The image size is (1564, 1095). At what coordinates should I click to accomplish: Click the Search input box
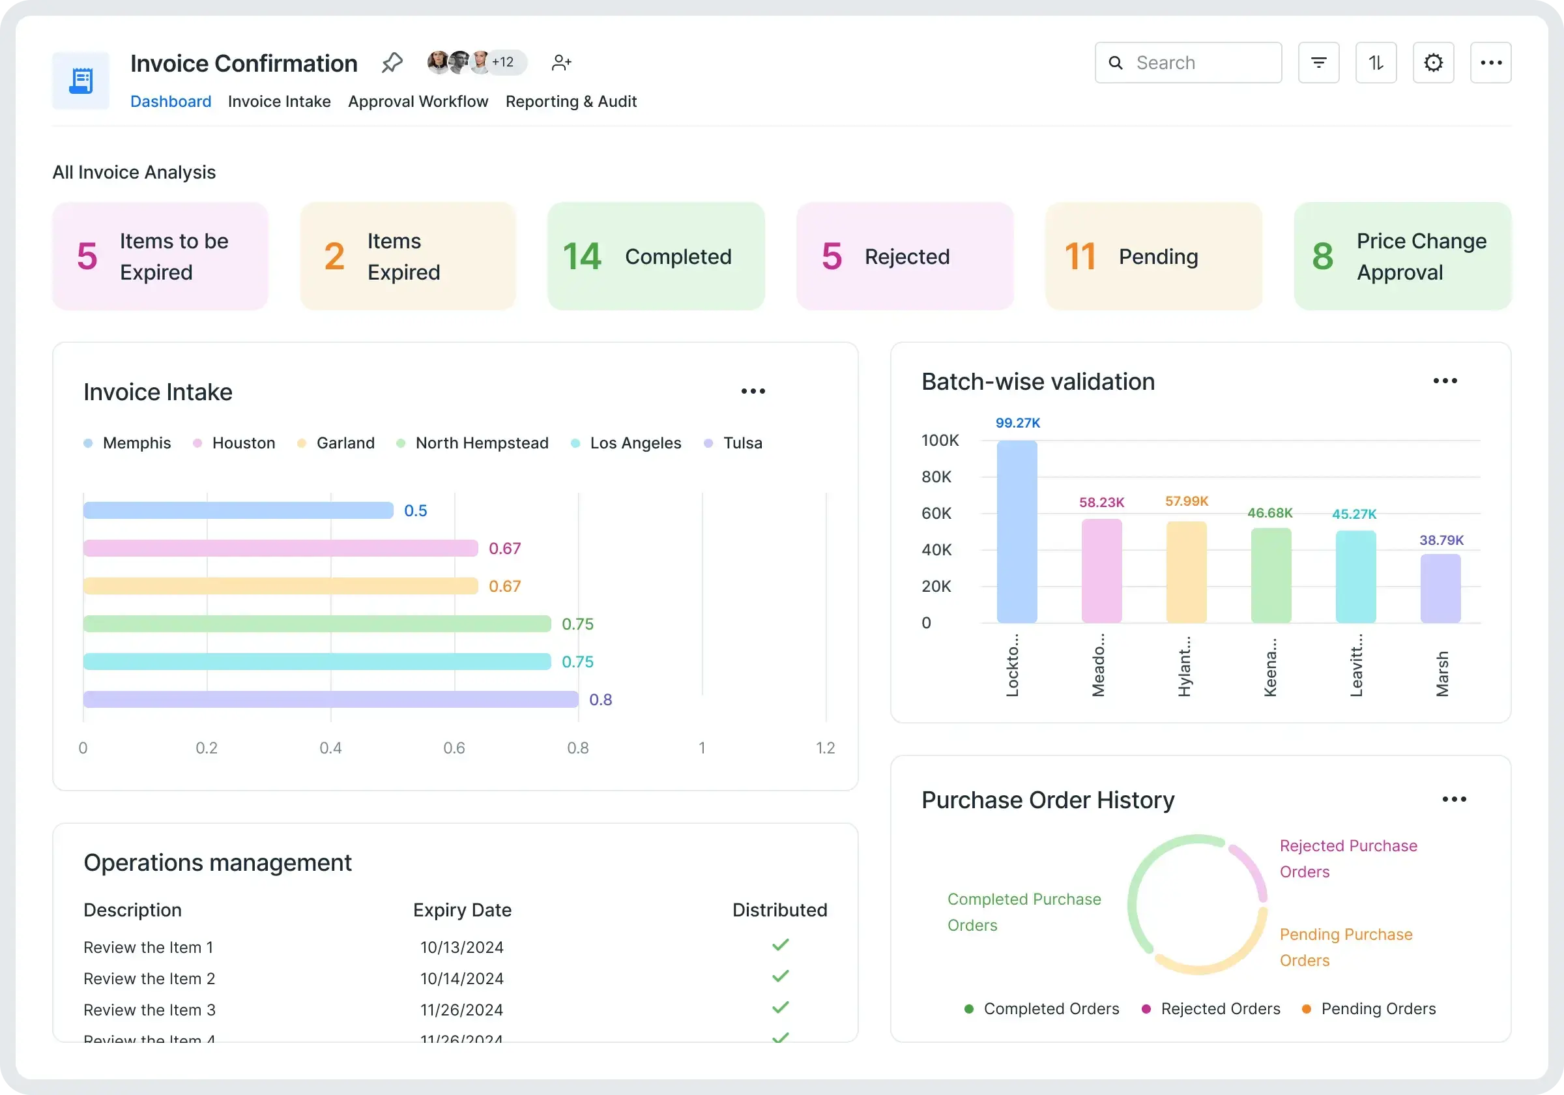coord(1199,63)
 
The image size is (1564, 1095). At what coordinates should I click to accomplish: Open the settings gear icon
coord(1433,63)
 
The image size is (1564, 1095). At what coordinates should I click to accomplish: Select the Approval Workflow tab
coord(418,102)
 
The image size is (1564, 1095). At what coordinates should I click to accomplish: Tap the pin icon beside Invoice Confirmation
coord(392,63)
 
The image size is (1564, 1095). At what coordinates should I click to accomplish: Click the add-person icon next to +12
coord(560,63)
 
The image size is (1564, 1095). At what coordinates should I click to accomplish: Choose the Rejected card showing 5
coord(905,256)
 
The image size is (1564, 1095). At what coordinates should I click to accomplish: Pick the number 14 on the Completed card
coord(582,257)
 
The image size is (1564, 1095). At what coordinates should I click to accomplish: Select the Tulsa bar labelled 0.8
coord(330,699)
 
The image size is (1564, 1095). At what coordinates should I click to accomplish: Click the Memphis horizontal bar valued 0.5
coord(239,510)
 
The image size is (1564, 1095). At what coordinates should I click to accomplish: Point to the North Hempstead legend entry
coord(481,443)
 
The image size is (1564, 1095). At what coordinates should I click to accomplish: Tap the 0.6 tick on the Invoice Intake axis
coord(454,748)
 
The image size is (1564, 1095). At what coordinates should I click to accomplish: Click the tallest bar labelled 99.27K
coord(1017,531)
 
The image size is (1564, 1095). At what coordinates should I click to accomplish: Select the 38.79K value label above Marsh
coord(1441,540)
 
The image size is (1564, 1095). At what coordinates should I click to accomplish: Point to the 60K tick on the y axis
coord(936,513)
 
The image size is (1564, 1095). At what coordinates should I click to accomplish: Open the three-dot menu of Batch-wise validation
coord(1445,381)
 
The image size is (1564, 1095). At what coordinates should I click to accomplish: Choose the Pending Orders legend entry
coord(1378,1008)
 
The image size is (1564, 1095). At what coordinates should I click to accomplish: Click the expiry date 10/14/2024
coord(461,978)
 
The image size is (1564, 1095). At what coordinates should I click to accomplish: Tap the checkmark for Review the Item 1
coord(780,945)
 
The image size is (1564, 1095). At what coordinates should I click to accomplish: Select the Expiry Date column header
coord(462,910)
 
